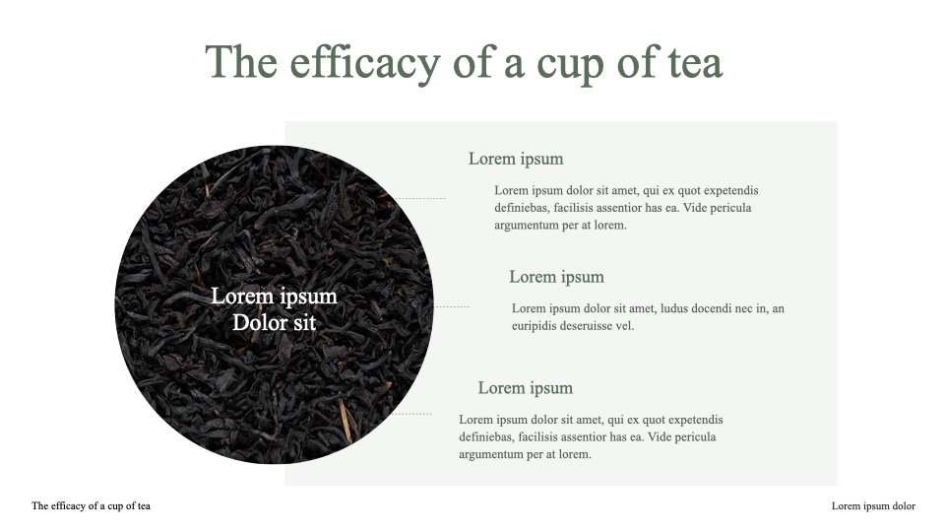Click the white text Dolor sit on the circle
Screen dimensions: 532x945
click(x=274, y=322)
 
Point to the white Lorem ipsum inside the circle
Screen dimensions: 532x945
click(x=274, y=297)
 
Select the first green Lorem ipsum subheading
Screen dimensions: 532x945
click(x=515, y=159)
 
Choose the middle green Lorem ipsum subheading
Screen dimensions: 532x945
click(x=556, y=277)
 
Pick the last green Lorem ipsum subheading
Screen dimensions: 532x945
click(x=525, y=388)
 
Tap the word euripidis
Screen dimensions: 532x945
click(x=535, y=326)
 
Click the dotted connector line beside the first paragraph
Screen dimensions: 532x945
click(x=420, y=199)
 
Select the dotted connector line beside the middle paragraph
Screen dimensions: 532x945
click(x=452, y=307)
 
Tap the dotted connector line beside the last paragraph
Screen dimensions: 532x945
click(x=412, y=414)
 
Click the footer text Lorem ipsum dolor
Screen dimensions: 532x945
click(x=873, y=506)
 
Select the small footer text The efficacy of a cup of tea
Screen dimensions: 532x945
click(x=91, y=506)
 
